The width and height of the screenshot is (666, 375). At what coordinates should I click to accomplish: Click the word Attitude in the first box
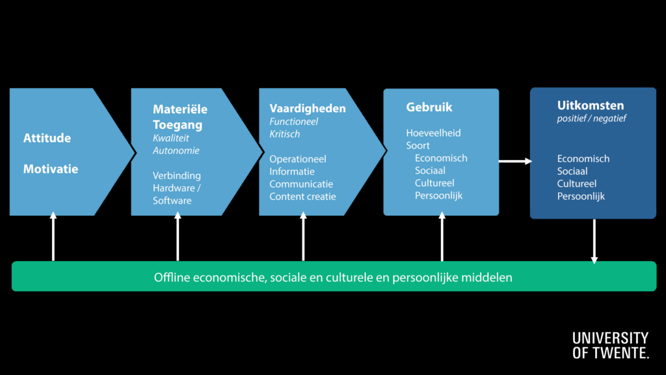coord(47,138)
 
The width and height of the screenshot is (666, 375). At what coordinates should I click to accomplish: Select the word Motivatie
coord(51,169)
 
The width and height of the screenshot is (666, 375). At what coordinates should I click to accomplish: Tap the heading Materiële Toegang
coord(180,117)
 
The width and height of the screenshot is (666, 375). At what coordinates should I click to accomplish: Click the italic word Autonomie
coord(176,150)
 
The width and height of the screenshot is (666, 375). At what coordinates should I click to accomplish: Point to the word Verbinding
coord(177,176)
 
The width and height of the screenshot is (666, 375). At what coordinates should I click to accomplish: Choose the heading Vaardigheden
coord(308,109)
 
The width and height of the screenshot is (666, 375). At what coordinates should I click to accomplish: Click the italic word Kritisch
coord(285,134)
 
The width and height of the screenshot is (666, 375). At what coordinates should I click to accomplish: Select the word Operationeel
coord(298,159)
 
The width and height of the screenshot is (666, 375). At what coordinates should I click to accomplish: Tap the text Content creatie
coord(302,196)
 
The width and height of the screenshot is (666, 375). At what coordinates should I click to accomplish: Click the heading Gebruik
coord(429,107)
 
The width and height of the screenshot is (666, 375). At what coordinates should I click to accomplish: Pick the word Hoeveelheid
coord(433,133)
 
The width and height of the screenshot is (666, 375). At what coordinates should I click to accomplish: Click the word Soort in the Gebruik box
coord(418,145)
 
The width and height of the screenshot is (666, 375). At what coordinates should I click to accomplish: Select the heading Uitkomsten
coord(590,105)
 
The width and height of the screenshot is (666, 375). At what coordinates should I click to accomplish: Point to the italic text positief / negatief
coord(591,119)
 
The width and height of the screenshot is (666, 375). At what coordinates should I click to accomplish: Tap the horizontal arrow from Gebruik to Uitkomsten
coord(514,161)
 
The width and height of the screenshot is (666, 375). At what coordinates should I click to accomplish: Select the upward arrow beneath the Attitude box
coord(53,238)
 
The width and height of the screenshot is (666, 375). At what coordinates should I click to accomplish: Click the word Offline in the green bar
coord(170,277)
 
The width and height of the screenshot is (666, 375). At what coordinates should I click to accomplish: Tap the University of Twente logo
coord(610,345)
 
